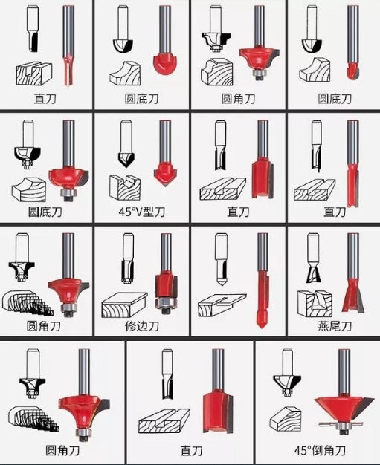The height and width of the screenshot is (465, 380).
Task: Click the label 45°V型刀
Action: [x=141, y=212]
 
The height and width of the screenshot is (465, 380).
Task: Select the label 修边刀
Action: [x=142, y=326]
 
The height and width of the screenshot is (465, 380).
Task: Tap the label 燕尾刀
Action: [x=335, y=326]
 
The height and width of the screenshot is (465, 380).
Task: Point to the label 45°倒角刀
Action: [x=320, y=450]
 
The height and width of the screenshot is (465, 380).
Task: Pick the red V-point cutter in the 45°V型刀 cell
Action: [x=165, y=174]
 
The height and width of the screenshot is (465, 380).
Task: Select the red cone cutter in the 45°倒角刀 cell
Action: [x=344, y=408]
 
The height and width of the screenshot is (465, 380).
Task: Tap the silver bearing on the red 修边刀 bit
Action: [x=166, y=302]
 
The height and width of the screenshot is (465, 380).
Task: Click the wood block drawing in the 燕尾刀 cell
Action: [x=315, y=304]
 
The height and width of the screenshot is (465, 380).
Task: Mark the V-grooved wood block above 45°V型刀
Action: [x=125, y=187]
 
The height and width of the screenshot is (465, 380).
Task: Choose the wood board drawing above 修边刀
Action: [x=124, y=305]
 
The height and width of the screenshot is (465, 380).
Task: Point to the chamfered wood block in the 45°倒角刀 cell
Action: [x=286, y=419]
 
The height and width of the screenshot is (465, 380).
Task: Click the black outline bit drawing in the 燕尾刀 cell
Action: [x=313, y=258]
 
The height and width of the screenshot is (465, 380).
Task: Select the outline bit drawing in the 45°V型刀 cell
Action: [x=126, y=144]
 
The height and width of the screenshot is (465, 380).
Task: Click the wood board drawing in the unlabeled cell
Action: [x=222, y=306]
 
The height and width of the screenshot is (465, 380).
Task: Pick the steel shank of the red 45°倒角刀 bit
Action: [x=344, y=372]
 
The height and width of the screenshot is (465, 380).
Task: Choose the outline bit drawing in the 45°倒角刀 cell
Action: [x=287, y=372]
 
